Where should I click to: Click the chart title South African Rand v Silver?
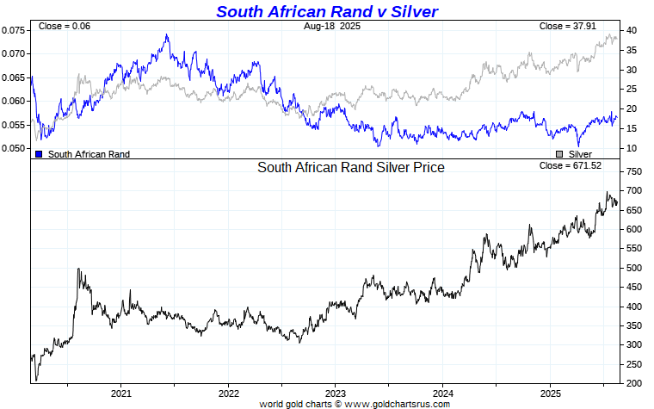[326, 11]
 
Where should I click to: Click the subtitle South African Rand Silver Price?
[351, 167]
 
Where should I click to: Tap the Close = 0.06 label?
[65, 27]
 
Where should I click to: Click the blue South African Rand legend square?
[40, 154]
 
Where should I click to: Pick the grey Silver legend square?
[559, 154]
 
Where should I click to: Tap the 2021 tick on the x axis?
[120, 392]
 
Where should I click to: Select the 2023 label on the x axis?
[335, 392]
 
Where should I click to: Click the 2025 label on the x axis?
[549, 392]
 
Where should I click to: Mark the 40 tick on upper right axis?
[631, 30]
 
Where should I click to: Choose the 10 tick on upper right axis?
[631, 149]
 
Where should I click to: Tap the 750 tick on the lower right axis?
[634, 172]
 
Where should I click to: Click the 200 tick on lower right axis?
[634, 383]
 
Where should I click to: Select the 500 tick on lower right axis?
[634, 268]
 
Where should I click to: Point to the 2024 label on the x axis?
[442, 392]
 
